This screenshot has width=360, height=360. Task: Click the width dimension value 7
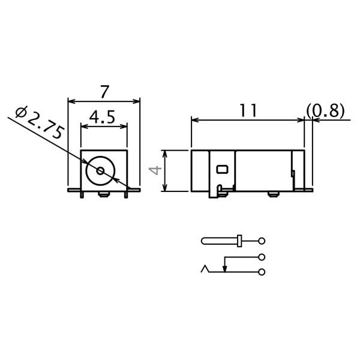(104, 92)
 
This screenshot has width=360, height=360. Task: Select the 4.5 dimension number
(103, 117)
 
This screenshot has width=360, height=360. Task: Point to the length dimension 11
(248, 110)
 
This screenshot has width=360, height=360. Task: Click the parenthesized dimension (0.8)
(325, 111)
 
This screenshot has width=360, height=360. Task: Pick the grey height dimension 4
(155, 170)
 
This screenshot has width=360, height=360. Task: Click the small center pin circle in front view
(100, 171)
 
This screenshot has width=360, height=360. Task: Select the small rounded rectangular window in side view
(222, 169)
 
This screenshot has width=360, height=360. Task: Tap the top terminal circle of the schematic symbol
(262, 241)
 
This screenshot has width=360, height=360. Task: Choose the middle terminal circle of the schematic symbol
(262, 257)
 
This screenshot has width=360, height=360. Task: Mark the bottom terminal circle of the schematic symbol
(262, 272)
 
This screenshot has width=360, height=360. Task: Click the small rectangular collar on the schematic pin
(239, 241)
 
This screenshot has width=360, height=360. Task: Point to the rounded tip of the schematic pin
(204, 241)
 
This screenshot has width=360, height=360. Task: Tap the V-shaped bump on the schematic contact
(206, 268)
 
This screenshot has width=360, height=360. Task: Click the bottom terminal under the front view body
(104, 194)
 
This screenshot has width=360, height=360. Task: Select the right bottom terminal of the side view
(274, 194)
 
